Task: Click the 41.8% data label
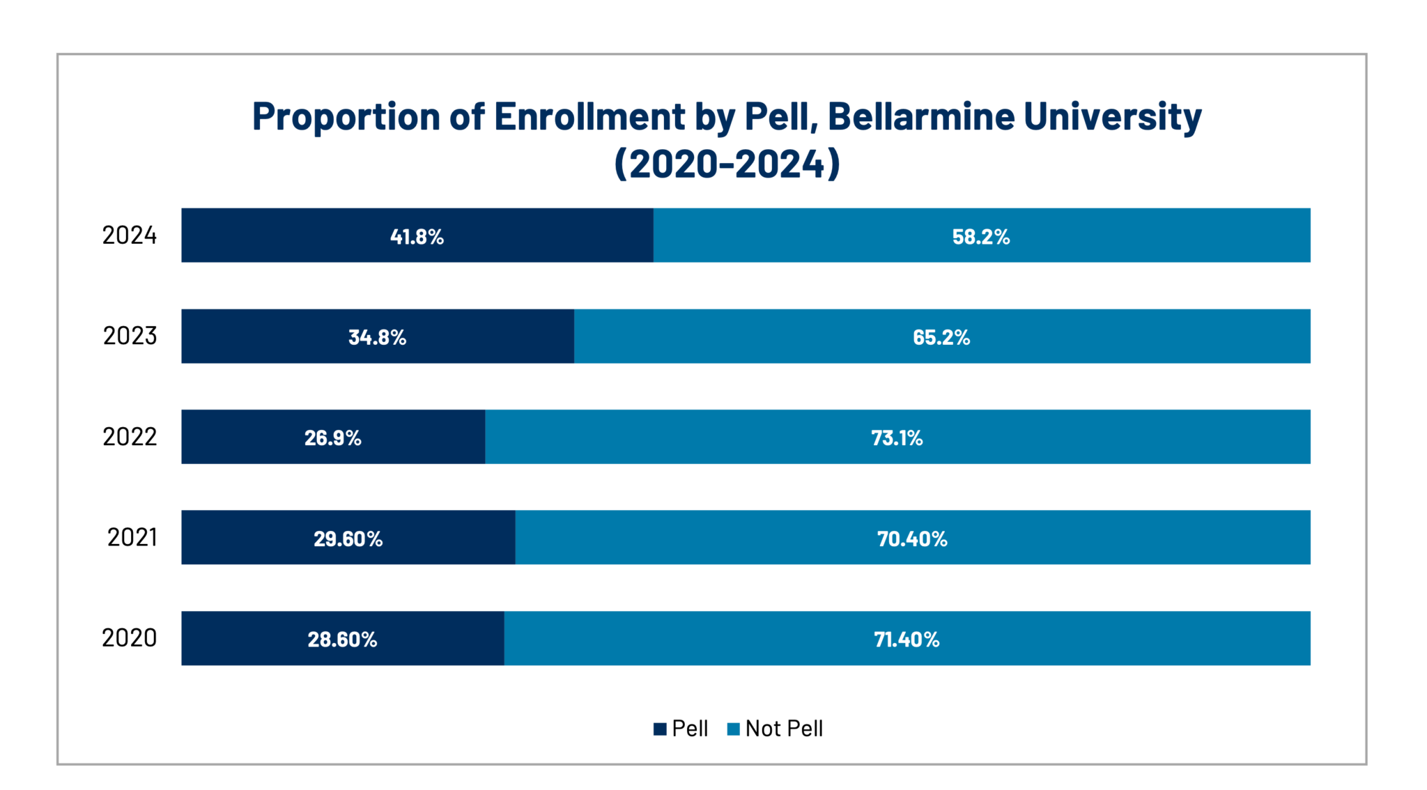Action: [x=417, y=237]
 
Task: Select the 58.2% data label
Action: [x=980, y=237]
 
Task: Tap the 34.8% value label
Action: [x=377, y=337]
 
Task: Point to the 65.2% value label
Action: [x=941, y=337]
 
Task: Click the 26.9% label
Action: [x=332, y=437]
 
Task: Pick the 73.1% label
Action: [x=897, y=437]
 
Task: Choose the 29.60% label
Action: [x=348, y=539]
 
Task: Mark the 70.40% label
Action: [x=911, y=539]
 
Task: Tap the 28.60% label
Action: [x=342, y=639]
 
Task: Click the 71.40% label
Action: [x=907, y=639]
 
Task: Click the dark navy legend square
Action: [x=660, y=729]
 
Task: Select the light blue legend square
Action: [x=734, y=729]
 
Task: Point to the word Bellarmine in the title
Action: [x=920, y=116]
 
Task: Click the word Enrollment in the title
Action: [x=589, y=116]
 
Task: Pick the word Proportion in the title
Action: [x=346, y=116]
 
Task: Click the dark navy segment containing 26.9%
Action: [x=244, y=437]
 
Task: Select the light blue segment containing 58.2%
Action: [x=1150, y=235]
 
